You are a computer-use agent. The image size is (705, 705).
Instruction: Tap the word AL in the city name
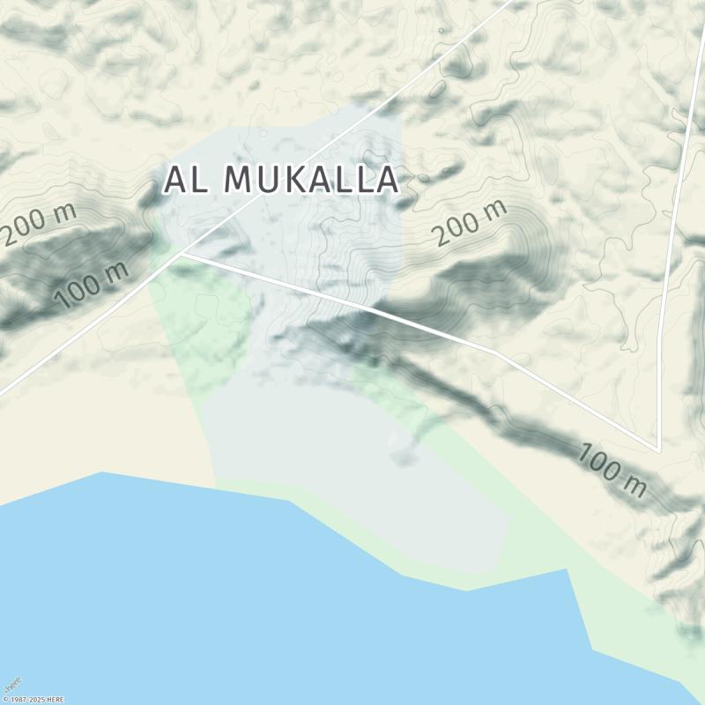coord(187,180)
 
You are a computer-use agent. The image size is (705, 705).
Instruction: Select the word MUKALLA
coord(311,180)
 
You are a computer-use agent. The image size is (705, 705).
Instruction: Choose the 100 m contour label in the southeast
coord(612,471)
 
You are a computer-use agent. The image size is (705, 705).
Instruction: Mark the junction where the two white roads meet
coord(183,254)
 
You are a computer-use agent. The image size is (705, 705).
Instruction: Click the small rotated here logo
coord(12,685)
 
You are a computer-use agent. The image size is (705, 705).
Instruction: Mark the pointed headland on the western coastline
coord(102,472)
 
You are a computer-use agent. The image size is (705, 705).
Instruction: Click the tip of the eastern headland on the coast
coord(565,569)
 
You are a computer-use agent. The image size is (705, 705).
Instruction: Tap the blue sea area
coord(220,599)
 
